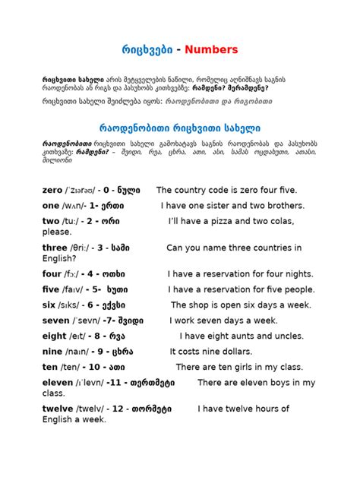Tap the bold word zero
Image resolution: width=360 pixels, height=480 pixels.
pos(55,190)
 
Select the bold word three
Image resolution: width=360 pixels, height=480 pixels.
pos(55,248)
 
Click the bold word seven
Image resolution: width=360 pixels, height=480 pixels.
pos(57,321)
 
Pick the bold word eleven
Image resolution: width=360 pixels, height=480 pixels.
pos(58,382)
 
